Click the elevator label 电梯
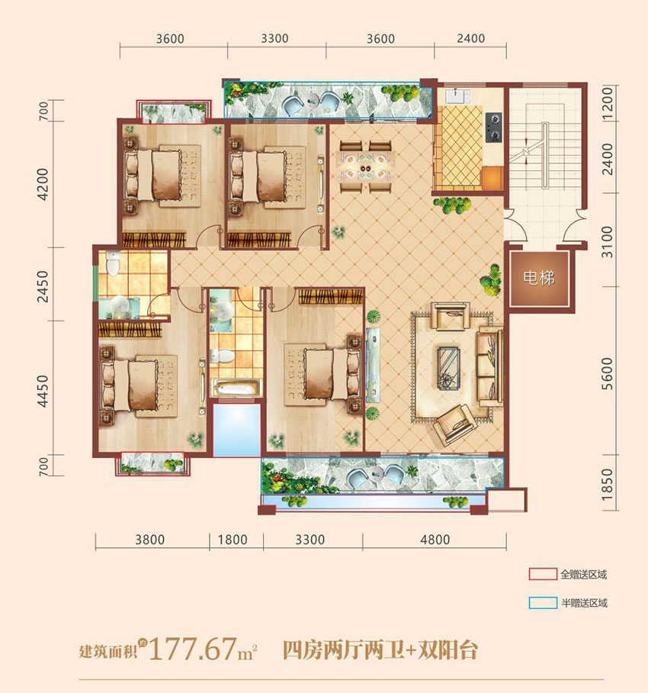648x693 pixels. (538, 279)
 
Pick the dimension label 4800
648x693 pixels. (435, 540)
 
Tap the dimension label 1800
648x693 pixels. (233, 540)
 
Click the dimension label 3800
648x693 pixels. (149, 540)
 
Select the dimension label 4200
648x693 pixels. (43, 183)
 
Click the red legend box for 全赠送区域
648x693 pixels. (542, 574)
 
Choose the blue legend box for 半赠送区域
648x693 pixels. (542, 603)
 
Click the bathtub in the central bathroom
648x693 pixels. (236, 388)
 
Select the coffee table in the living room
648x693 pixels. (448, 364)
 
